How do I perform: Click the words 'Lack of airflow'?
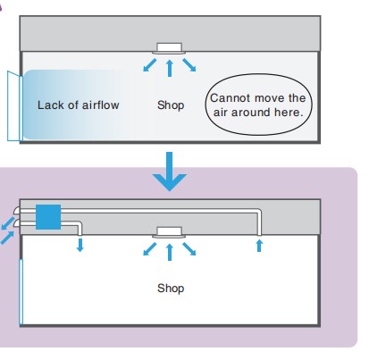coord(79,105)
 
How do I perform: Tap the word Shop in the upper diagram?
coord(171,105)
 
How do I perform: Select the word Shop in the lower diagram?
coord(171,289)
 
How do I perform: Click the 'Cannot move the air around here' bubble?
coord(258,105)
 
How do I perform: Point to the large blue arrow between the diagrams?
coord(170,172)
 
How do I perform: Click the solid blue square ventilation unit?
coord(48,217)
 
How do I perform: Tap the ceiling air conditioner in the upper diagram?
coord(169,48)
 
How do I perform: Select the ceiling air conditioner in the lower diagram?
coord(169,232)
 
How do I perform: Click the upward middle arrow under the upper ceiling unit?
coord(170,68)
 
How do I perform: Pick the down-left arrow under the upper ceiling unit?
coord(150,65)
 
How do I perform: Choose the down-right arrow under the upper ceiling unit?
coord(189,65)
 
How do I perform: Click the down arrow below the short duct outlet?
coord(80,245)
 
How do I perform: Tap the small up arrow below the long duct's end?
coord(259,246)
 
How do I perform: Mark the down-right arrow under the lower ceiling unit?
coord(189,249)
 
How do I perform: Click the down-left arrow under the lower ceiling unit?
coord(150,249)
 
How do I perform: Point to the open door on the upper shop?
coord(15,106)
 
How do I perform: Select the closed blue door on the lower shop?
coord(21,292)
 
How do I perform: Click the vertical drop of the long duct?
coord(259,223)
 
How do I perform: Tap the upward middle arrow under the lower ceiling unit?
coord(170,252)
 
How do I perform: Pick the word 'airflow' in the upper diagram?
coord(101,105)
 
